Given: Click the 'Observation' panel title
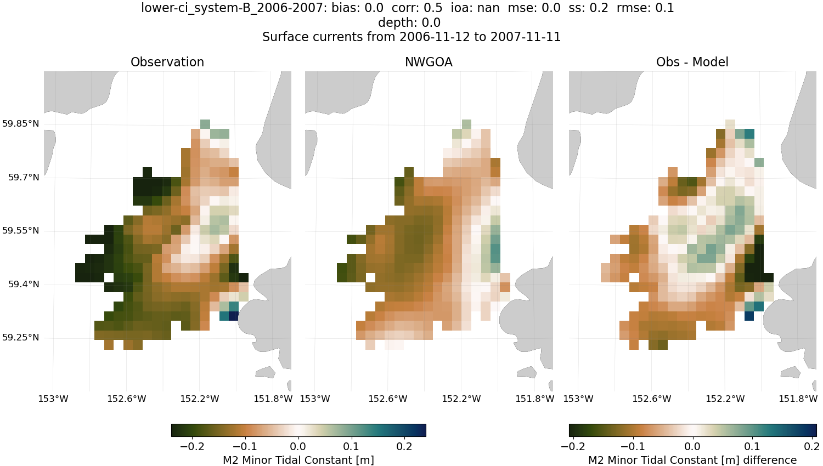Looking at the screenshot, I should pos(167,62).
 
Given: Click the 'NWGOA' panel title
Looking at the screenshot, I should pos(429,62).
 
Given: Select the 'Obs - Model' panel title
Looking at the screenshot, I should pos(692,62).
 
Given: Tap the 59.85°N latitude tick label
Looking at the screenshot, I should pos(20,124).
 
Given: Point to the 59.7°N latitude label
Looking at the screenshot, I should pos(23,178).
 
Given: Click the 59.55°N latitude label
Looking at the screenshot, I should pos(20,231).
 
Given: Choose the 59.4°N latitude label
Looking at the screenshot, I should pos(23,285).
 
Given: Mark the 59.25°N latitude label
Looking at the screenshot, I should pos(20,338).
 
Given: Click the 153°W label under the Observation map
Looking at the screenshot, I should pos(53,399).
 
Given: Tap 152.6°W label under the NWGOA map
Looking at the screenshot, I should pos(388,399).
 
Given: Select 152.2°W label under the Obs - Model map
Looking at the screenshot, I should pos(725,399).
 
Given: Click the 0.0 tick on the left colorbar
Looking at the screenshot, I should pos(298,447).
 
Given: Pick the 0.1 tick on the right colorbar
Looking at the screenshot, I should pos(752,447).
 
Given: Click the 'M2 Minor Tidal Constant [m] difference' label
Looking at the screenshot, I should pos(692,460).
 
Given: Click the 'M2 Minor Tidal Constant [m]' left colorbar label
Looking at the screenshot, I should pos(298,460).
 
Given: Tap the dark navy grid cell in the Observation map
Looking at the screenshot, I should pos(233,316).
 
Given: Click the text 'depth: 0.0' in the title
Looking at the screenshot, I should pos(409,22).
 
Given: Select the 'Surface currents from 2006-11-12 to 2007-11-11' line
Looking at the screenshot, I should pos(411,37).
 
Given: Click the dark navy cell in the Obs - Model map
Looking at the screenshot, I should pos(749,316).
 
